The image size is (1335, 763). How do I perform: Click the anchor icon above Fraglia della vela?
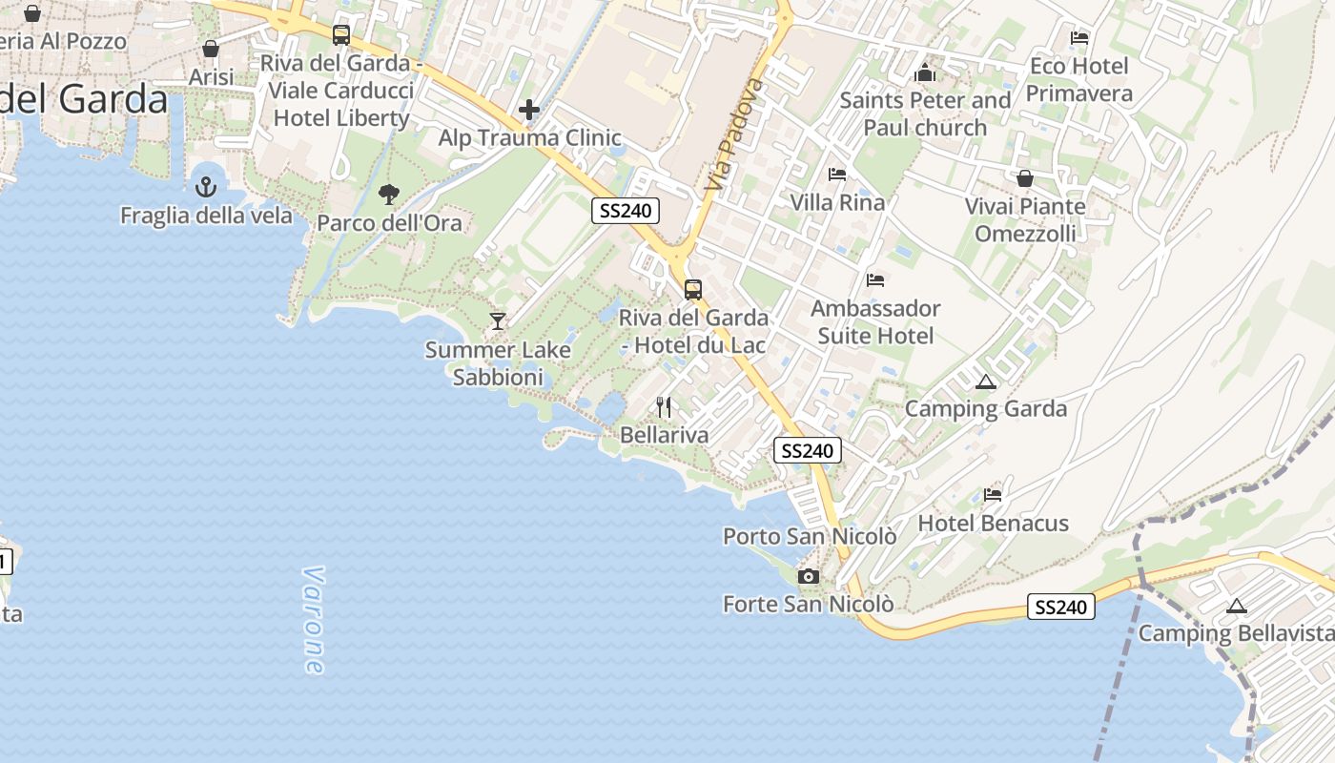point(206,187)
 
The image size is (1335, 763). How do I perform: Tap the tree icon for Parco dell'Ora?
point(388,195)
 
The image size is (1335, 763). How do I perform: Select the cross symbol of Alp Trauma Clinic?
point(529,111)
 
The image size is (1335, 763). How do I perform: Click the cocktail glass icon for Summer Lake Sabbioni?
point(497,320)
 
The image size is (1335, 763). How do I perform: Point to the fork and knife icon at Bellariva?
point(664,407)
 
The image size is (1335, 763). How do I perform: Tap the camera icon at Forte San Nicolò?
point(809,576)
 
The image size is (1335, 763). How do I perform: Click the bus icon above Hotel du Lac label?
point(693,289)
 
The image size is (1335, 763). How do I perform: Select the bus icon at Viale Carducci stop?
point(340,35)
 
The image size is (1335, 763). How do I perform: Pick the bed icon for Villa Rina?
point(837,175)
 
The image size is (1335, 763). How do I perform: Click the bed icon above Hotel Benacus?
point(993,495)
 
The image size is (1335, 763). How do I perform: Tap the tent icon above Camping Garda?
point(986,382)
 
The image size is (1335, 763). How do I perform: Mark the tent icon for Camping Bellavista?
point(1236,606)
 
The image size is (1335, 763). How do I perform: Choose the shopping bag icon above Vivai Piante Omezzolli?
point(1025,178)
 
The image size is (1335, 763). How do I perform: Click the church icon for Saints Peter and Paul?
point(924,72)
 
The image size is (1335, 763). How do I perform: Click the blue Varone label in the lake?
point(313,620)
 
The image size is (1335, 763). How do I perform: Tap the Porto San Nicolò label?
point(810,536)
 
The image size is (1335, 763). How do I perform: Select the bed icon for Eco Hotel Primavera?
point(1079,38)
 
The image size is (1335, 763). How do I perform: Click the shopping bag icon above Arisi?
point(211,49)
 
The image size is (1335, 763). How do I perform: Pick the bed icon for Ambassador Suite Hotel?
point(875,280)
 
